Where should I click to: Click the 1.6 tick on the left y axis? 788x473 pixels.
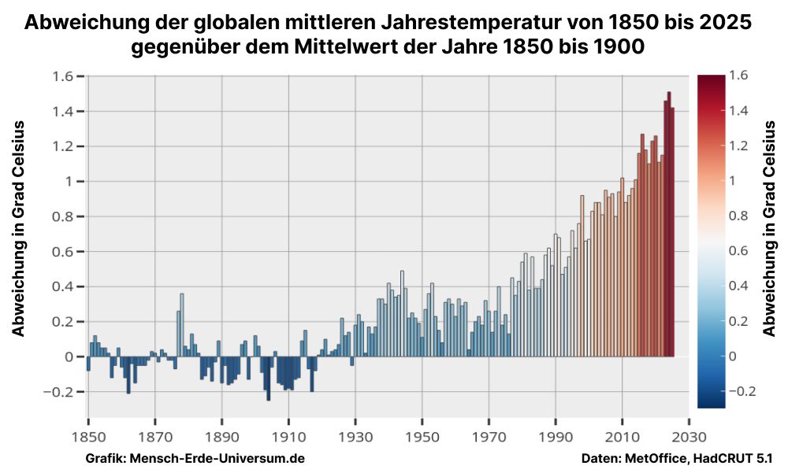coord(63,76)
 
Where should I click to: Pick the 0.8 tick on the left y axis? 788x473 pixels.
coord(63,216)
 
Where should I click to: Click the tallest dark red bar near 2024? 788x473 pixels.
coord(668,224)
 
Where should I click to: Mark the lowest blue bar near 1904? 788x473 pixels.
coord(268,379)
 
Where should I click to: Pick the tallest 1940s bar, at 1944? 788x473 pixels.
coord(402,313)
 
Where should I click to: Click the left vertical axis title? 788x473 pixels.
coord(19,228)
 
